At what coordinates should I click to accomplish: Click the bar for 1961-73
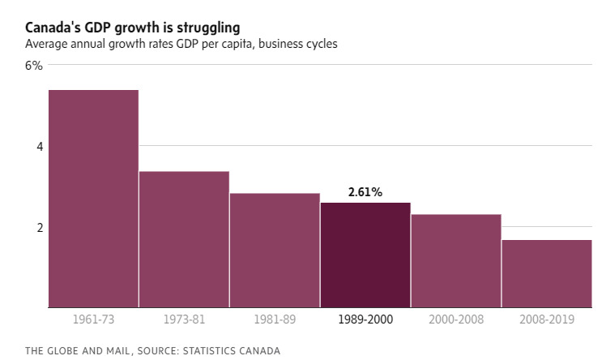point(93,199)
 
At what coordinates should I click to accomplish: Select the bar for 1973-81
point(184,239)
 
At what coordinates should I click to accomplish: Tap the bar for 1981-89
point(275,251)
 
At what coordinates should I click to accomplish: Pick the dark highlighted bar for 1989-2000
point(365,255)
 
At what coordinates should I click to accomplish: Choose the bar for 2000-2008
point(456,261)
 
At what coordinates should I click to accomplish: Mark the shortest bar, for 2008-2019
point(547,273)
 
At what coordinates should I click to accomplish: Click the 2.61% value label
point(365,192)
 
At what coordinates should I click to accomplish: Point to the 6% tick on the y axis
point(33,66)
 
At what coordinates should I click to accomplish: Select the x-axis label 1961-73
point(93,320)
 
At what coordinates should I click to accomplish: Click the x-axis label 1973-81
point(184,320)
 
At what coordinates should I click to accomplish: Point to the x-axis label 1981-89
point(275,320)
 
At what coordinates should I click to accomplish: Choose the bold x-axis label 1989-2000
point(365,320)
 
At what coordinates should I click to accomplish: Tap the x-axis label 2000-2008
point(456,320)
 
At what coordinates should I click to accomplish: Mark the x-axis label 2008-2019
point(547,320)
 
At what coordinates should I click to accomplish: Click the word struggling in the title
point(206,28)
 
